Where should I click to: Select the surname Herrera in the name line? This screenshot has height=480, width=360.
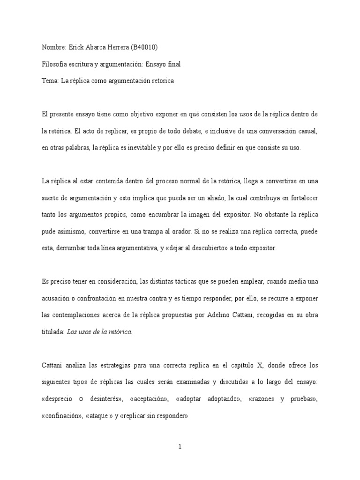tap(112, 47)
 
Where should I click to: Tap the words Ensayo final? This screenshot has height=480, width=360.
tap(163, 64)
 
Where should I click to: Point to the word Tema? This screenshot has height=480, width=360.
tap(50, 81)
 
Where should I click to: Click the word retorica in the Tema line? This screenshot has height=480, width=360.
tap(161, 81)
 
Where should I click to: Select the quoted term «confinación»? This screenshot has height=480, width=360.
tap(61, 415)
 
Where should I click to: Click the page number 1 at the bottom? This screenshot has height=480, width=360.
tap(180, 447)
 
